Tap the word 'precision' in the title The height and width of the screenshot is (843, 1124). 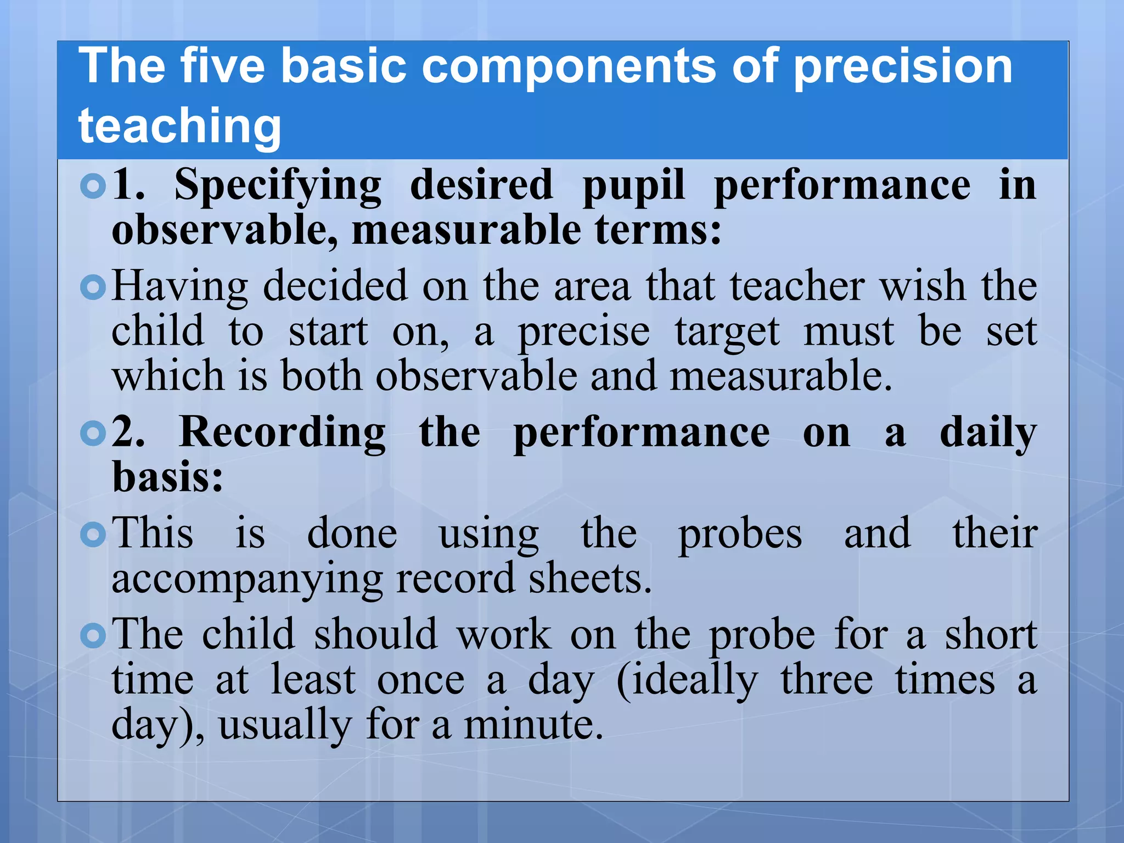click(902, 67)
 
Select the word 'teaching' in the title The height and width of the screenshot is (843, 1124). click(179, 126)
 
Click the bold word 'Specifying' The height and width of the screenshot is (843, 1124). click(278, 186)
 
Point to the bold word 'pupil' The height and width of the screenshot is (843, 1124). click(634, 186)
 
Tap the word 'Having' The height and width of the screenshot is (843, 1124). click(180, 286)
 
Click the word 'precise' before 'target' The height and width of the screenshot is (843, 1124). click(584, 333)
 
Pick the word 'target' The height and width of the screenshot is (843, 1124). click(727, 333)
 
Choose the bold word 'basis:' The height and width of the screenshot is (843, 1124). click(168, 476)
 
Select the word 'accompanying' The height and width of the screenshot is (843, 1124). click(247, 580)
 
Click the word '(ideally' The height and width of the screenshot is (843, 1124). click(687, 681)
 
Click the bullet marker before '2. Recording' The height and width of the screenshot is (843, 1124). click(93, 434)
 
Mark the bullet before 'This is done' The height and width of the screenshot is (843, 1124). click(93, 535)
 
